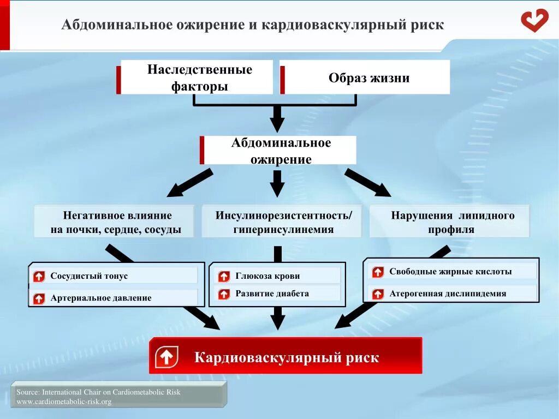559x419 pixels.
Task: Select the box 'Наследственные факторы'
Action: coord(196,77)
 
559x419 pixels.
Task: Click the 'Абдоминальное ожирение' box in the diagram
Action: coord(280,151)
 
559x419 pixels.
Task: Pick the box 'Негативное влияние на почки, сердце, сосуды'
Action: coord(115,222)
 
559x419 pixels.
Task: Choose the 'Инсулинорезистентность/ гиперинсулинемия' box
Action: coord(283,222)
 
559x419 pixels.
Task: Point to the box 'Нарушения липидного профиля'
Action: coord(450,222)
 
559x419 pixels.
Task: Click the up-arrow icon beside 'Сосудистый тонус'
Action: coord(39,277)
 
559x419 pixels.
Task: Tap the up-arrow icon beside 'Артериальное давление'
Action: coord(39,298)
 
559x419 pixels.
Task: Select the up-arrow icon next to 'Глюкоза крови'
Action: coord(224,277)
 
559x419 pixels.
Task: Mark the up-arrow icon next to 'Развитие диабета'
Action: coord(224,294)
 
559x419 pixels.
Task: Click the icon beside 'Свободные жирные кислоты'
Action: coord(378,272)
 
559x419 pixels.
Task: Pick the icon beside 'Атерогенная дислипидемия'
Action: coord(378,294)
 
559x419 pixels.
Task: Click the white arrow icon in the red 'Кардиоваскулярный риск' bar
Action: coord(166,357)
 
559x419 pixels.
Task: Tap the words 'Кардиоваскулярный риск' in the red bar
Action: coord(287,358)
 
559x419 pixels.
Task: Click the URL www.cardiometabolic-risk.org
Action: coord(64,402)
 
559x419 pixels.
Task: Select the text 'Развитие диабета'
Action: coord(272,294)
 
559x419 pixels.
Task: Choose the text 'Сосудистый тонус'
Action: coord(89,276)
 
